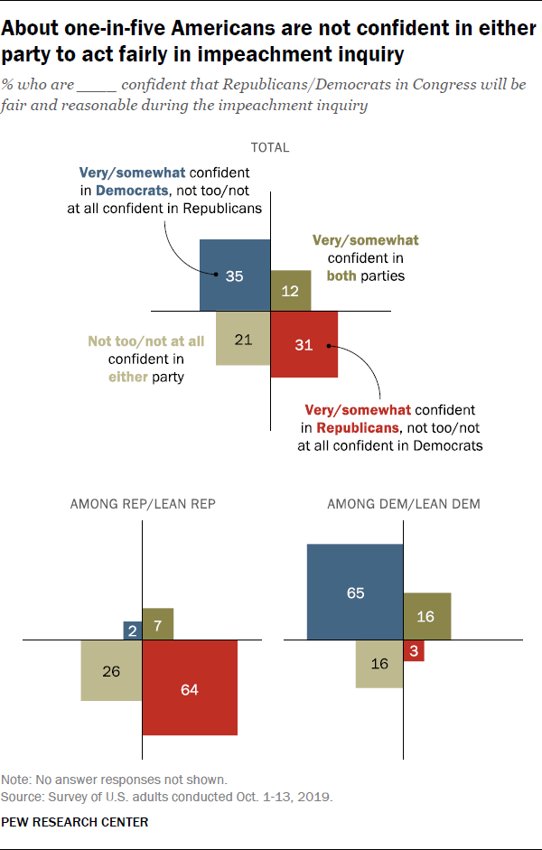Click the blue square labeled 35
coord(235,276)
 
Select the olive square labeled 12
coord(291,291)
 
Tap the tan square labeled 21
coord(243,339)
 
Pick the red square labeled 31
coord(304,344)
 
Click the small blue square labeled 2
coord(133,630)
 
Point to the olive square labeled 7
coord(158,624)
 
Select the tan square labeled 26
coord(111,670)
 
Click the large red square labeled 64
coord(190,687)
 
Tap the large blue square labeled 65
coord(355,592)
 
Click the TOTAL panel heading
coord(271,147)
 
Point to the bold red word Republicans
coord(357,427)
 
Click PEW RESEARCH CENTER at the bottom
coord(75,822)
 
